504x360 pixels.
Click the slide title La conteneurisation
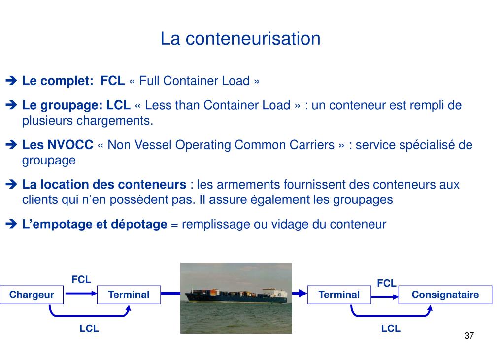point(240,38)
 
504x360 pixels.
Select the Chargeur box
point(32,295)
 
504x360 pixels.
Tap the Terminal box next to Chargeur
point(129,295)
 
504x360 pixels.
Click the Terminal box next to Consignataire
point(339,295)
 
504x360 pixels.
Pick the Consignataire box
point(445,295)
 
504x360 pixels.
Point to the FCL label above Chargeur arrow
point(81,280)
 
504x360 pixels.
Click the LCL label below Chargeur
point(89,328)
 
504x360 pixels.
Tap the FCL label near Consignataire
point(387,283)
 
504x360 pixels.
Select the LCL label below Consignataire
point(391,328)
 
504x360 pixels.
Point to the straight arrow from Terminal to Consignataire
point(384,296)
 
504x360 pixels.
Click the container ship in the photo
point(236,295)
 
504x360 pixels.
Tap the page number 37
point(469,336)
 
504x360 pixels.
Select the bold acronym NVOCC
point(70,145)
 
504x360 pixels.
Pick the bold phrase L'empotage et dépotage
point(95,225)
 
